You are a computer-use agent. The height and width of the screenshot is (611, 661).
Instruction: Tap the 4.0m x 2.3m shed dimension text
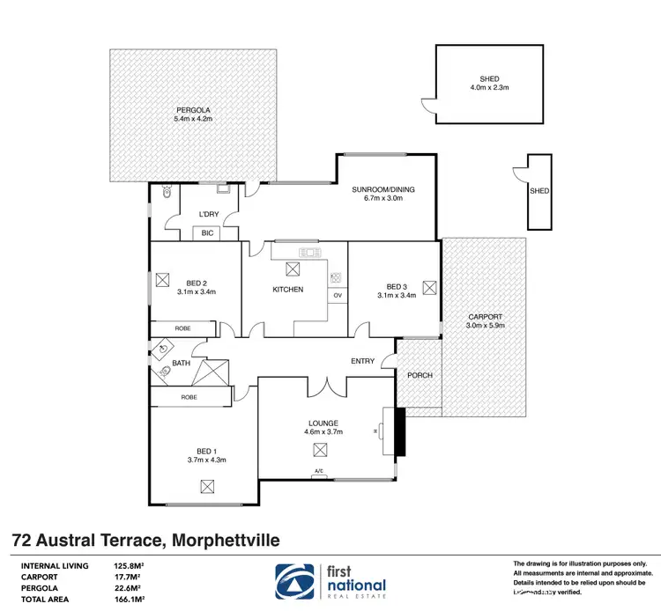(x=489, y=88)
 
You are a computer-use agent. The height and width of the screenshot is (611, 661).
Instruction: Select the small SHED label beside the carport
(x=539, y=191)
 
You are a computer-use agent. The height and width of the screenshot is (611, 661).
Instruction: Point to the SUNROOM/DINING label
(x=382, y=189)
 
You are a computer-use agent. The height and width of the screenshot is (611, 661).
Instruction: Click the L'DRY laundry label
(x=208, y=214)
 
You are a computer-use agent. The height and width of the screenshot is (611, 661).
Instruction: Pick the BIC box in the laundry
(x=207, y=233)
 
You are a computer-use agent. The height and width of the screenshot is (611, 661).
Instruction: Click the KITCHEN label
(x=287, y=289)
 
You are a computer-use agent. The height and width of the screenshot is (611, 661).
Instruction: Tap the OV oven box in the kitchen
(x=337, y=296)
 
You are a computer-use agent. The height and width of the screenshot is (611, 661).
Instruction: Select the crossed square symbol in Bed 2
(x=162, y=280)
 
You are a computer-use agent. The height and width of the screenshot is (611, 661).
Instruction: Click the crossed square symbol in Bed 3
(x=429, y=286)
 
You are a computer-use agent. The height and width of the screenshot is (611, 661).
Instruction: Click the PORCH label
(x=420, y=375)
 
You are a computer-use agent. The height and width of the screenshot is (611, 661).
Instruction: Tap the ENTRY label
(x=362, y=361)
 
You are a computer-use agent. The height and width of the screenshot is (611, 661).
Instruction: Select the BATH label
(x=181, y=363)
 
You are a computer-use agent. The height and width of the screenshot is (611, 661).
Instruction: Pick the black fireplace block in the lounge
(x=399, y=431)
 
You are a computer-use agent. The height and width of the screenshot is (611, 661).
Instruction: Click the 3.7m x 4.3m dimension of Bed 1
(x=206, y=459)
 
